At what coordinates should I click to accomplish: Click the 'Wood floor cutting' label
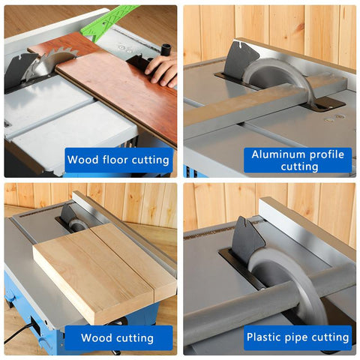pyautogui.click(x=118, y=160)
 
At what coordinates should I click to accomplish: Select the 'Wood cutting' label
pyautogui.click(x=118, y=337)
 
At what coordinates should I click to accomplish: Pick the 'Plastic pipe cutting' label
pyautogui.click(x=298, y=337)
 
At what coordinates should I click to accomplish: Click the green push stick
pyautogui.click(x=112, y=22)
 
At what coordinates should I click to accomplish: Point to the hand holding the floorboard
pyautogui.click(x=163, y=70)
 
